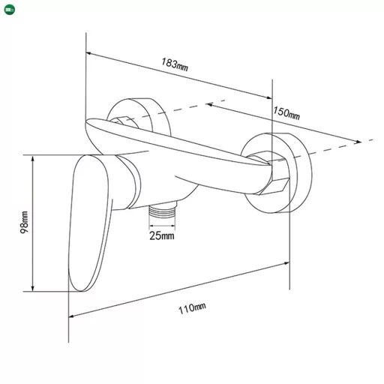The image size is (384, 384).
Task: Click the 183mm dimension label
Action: (x=174, y=64)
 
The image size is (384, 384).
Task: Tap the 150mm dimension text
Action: (x=286, y=113)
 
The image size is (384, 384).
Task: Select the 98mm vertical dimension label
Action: (x=24, y=222)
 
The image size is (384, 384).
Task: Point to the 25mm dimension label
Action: (x=162, y=235)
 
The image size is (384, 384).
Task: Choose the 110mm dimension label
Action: (x=192, y=308)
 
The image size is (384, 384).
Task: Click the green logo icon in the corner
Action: (x=10, y=10)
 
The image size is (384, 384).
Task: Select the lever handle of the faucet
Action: (x=88, y=223)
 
